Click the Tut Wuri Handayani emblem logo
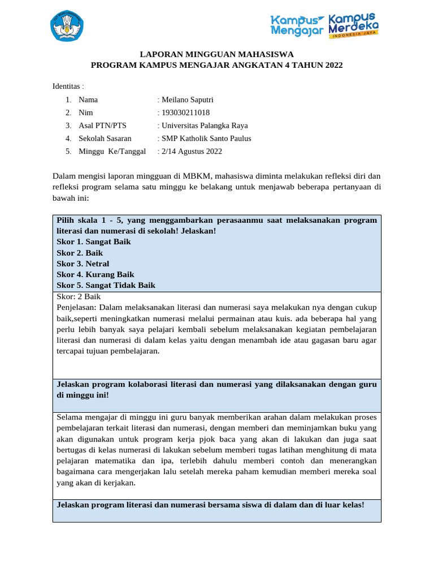[x=66, y=25]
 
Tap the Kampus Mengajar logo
[x=298, y=25]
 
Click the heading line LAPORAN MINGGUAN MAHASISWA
[x=216, y=54]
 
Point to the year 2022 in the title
[x=333, y=65]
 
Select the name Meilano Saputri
[x=187, y=100]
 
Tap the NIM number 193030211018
[x=185, y=113]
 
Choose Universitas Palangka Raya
[x=204, y=126]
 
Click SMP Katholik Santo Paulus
[x=206, y=139]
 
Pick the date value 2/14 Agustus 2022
[x=192, y=152]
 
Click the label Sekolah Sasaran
[x=105, y=139]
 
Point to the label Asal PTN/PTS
[x=103, y=126]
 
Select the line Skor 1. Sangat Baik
[x=94, y=242]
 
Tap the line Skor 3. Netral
[x=83, y=264]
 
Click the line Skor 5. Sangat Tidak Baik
[x=106, y=286]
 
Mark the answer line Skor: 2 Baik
[x=79, y=297]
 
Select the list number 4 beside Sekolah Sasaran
[x=68, y=139]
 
